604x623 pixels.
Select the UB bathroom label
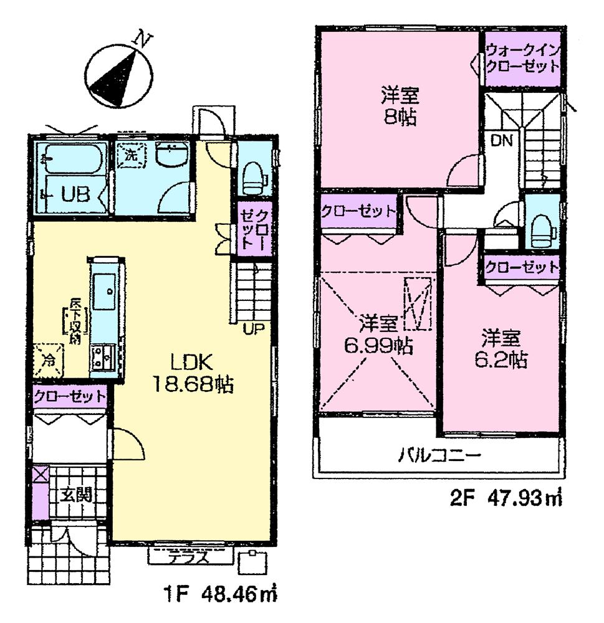pos(75,194)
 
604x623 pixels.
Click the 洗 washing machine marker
pos(130,155)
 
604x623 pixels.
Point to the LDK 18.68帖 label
pos(193,373)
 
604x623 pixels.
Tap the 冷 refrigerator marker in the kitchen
pos(47,360)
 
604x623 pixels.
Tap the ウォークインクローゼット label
pos(522,59)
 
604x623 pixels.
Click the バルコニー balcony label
pos(440,455)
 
